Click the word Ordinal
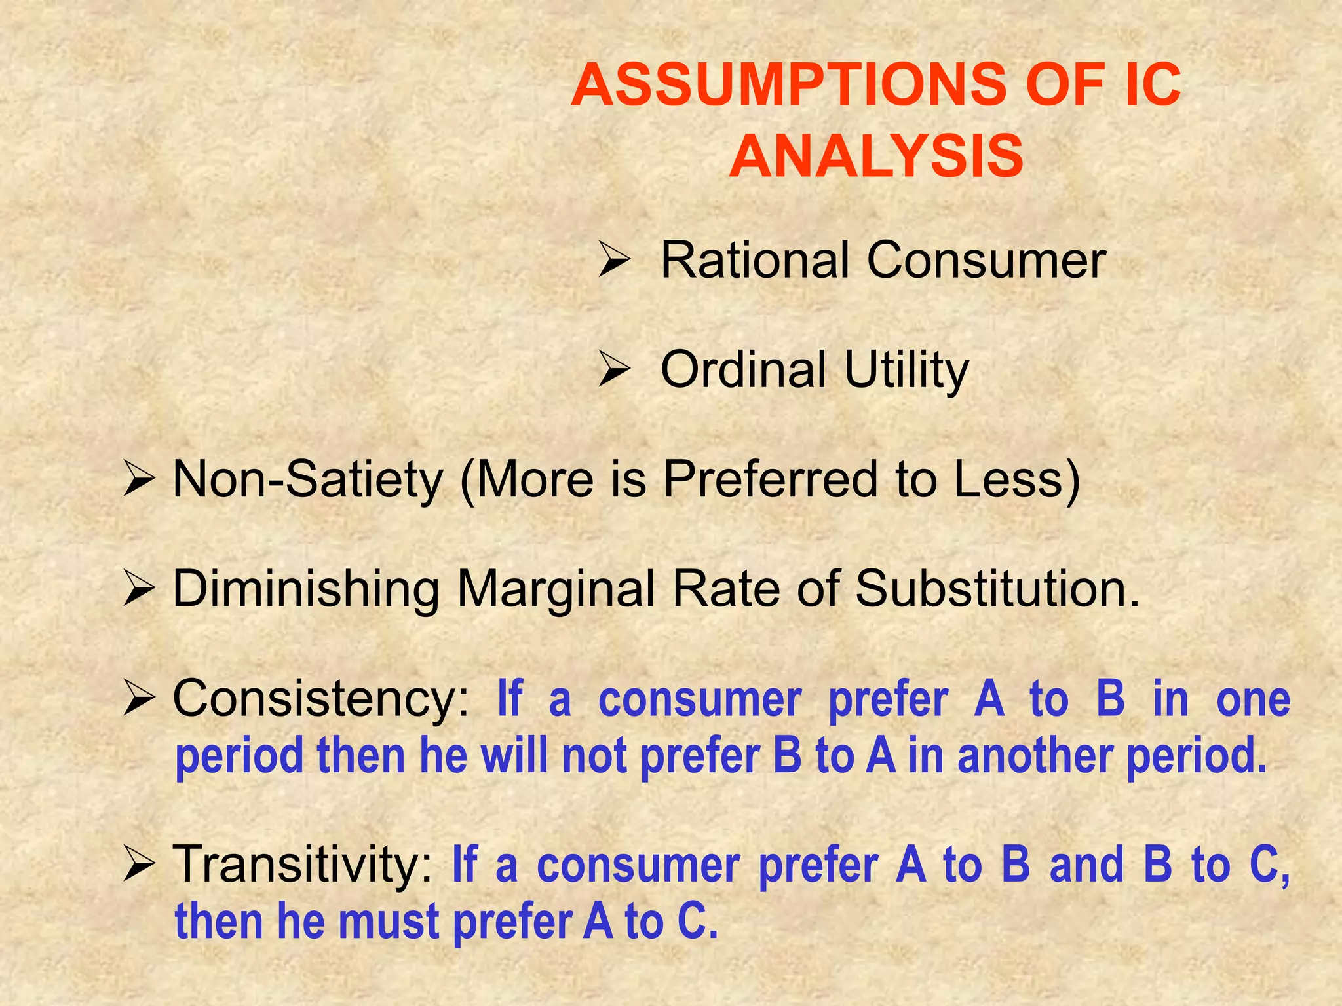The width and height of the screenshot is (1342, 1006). coord(743,370)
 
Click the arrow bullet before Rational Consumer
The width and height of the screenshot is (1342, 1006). coord(614,262)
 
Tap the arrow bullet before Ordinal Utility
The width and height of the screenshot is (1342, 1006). coord(614,371)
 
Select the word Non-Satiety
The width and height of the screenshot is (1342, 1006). coord(308,480)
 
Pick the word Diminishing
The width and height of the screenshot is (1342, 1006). coord(306,589)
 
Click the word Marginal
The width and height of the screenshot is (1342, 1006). coord(556,589)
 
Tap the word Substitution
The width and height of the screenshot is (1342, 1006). coord(996,588)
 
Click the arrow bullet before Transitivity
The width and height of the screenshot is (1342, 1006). coord(138,865)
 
